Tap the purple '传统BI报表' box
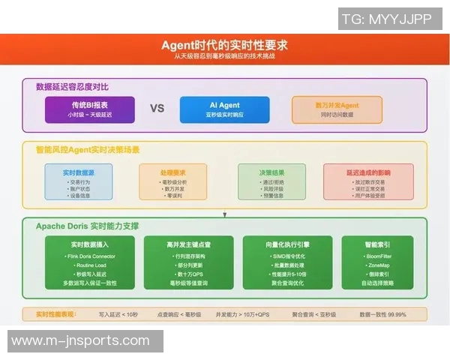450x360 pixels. click(90, 109)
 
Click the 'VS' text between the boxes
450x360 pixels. click(157, 109)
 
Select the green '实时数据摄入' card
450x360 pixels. click(90, 262)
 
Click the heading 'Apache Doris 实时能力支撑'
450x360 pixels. click(87, 225)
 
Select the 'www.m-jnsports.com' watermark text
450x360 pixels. click(81, 340)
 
